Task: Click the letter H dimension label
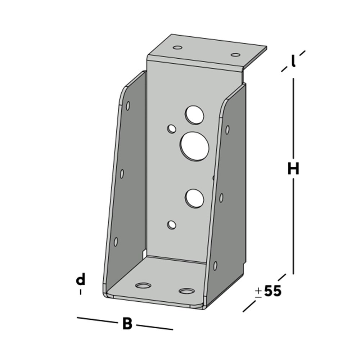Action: click(x=293, y=168)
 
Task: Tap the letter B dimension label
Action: click(x=127, y=323)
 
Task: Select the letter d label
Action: click(x=81, y=279)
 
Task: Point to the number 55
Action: click(x=272, y=291)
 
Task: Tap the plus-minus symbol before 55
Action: click(x=258, y=292)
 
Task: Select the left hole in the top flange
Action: click(x=177, y=48)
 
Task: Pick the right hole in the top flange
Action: click(x=235, y=55)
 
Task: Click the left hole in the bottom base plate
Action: click(x=143, y=285)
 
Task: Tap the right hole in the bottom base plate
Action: click(x=186, y=291)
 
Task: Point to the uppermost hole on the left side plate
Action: click(x=128, y=105)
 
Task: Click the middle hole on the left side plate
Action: click(x=122, y=174)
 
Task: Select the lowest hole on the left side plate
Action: click(x=116, y=242)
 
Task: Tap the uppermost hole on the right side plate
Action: click(x=227, y=129)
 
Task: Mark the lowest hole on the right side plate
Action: click(x=215, y=266)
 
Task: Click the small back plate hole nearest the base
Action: click(x=172, y=225)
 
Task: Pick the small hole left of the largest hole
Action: click(x=172, y=128)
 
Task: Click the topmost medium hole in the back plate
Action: click(x=194, y=114)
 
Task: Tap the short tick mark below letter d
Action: click(x=81, y=292)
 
